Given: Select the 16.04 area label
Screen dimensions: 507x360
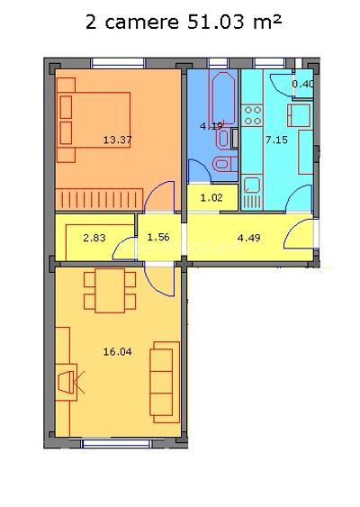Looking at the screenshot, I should click(x=119, y=351).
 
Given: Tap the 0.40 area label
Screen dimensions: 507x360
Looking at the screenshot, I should click(x=303, y=86).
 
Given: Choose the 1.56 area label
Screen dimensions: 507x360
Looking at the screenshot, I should click(x=157, y=238).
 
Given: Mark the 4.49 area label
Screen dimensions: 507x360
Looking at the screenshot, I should click(x=247, y=238).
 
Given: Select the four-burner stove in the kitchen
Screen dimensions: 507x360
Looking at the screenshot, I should click(x=253, y=115).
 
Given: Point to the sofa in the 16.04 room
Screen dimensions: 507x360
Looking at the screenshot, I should click(x=164, y=380).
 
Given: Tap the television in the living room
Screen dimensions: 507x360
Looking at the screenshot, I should click(x=67, y=385).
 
